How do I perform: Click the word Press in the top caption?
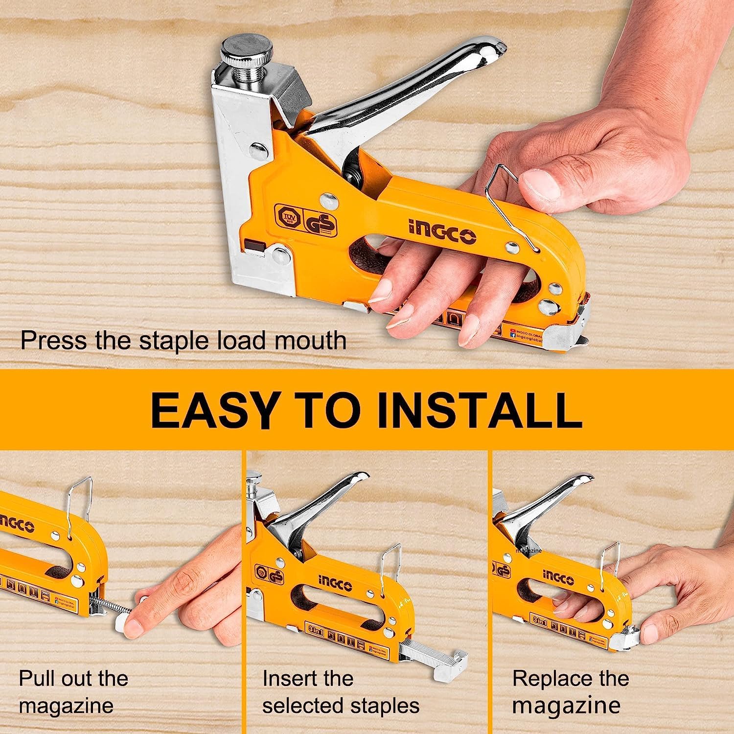[x=54, y=340]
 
